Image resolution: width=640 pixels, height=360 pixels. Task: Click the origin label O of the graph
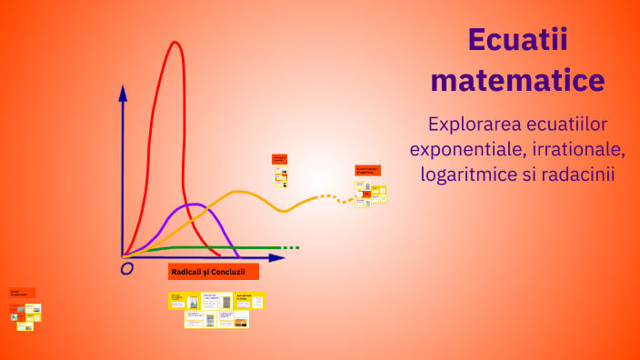[127, 268]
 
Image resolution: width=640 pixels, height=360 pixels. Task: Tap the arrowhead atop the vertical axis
[123, 91]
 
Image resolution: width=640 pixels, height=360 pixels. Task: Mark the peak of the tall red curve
[172, 43]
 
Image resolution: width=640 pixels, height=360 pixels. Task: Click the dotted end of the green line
[290, 247]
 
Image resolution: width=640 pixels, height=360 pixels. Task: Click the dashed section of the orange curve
[332, 198]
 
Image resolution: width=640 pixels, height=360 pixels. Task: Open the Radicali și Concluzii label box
[214, 272]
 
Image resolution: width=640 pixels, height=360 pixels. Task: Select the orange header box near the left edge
[23, 293]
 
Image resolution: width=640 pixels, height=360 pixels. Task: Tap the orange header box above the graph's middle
[279, 158]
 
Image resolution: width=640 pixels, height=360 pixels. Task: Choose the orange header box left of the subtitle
[367, 169]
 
